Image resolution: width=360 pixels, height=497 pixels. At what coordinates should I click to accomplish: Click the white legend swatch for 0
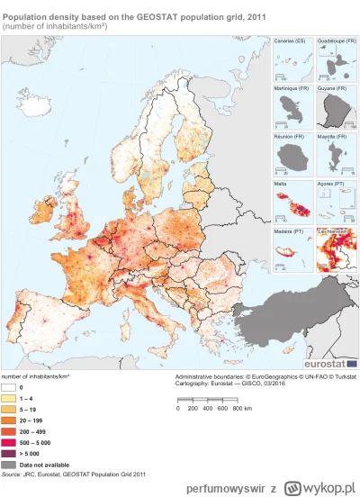(12, 385)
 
